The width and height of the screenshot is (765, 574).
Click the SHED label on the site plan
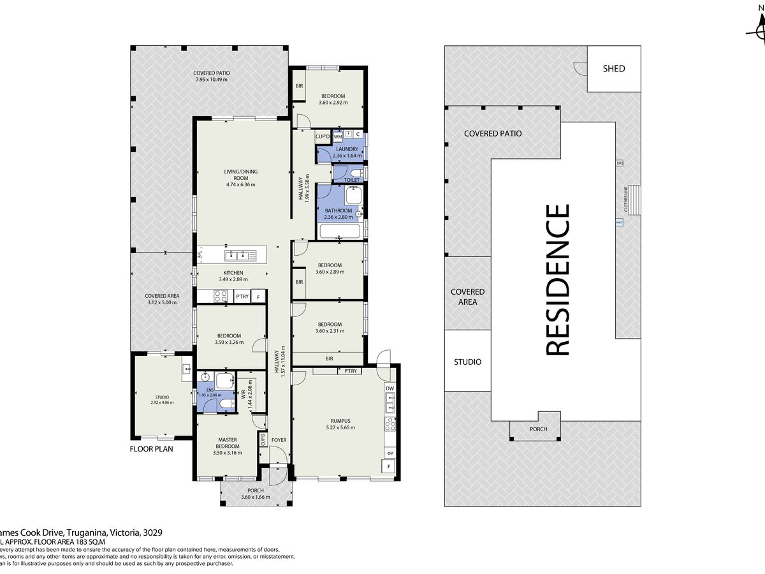613,69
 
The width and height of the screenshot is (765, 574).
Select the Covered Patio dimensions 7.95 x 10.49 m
211,80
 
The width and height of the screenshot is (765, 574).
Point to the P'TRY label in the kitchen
242,297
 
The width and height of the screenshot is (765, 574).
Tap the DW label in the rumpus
390,389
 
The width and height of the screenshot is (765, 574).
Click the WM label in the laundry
338,136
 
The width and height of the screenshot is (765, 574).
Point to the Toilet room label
352,180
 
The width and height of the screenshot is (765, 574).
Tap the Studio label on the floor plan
162,397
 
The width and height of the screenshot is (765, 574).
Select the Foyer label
279,440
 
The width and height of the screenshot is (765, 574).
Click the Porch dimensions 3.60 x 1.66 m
256,497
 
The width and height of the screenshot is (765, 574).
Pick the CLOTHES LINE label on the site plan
626,199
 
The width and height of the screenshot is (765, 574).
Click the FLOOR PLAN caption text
152,448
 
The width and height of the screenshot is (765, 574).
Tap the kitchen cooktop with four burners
221,296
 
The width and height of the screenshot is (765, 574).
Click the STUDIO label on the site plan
467,362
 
